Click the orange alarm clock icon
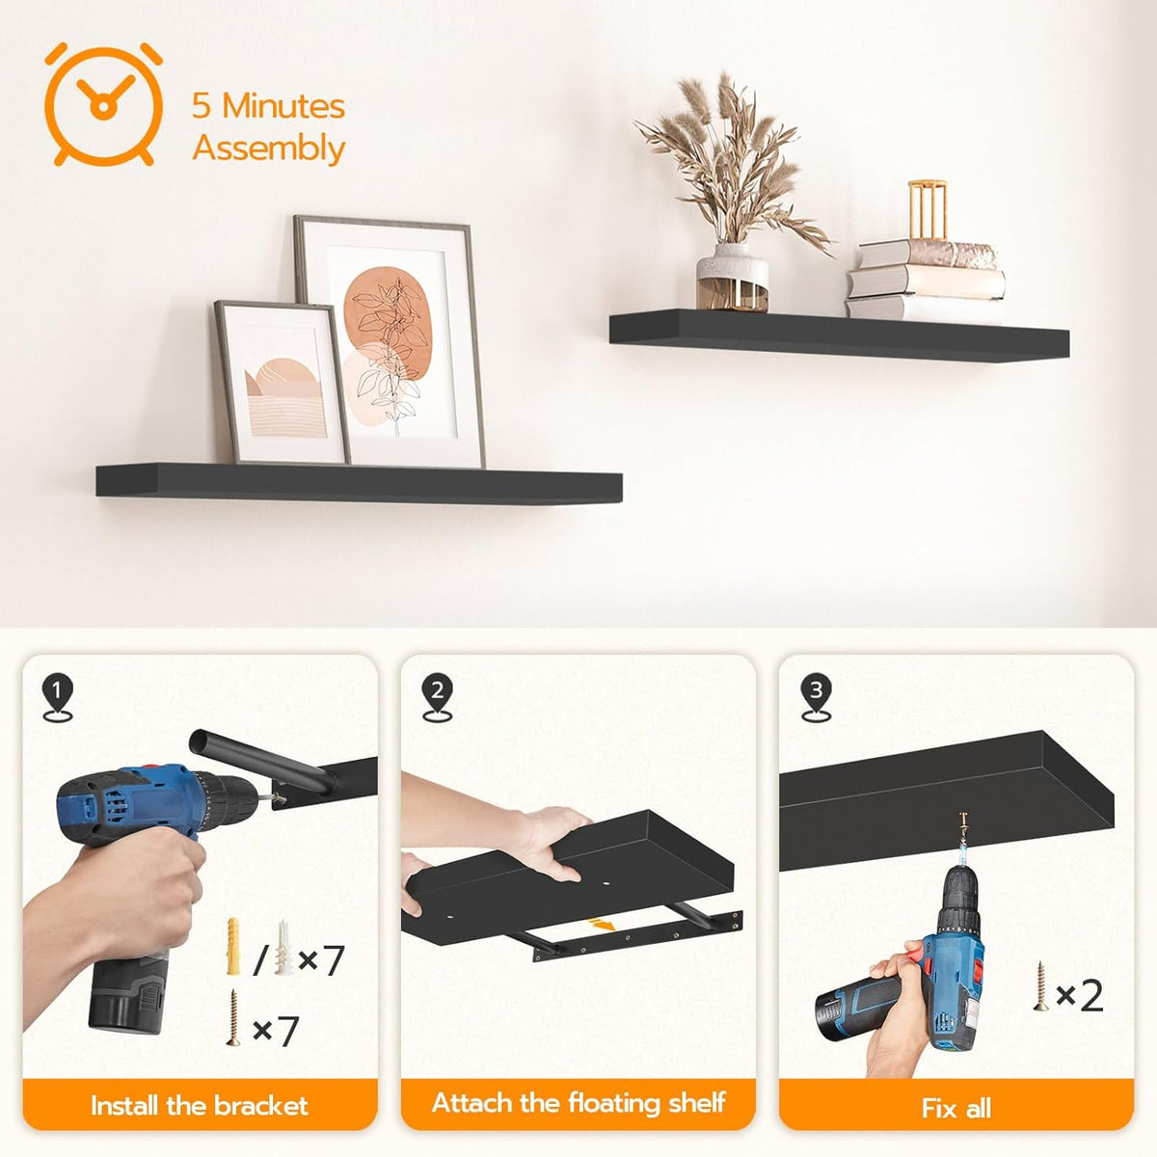click(103, 104)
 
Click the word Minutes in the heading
click(283, 106)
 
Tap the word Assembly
click(268, 148)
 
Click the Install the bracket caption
click(199, 1105)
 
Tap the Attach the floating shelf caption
click(578, 1104)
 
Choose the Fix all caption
click(955, 1109)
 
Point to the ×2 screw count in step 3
click(1079, 996)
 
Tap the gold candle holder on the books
click(927, 210)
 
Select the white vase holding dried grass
click(732, 277)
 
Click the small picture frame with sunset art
click(283, 383)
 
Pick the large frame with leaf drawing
click(390, 342)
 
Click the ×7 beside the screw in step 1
click(275, 1031)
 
